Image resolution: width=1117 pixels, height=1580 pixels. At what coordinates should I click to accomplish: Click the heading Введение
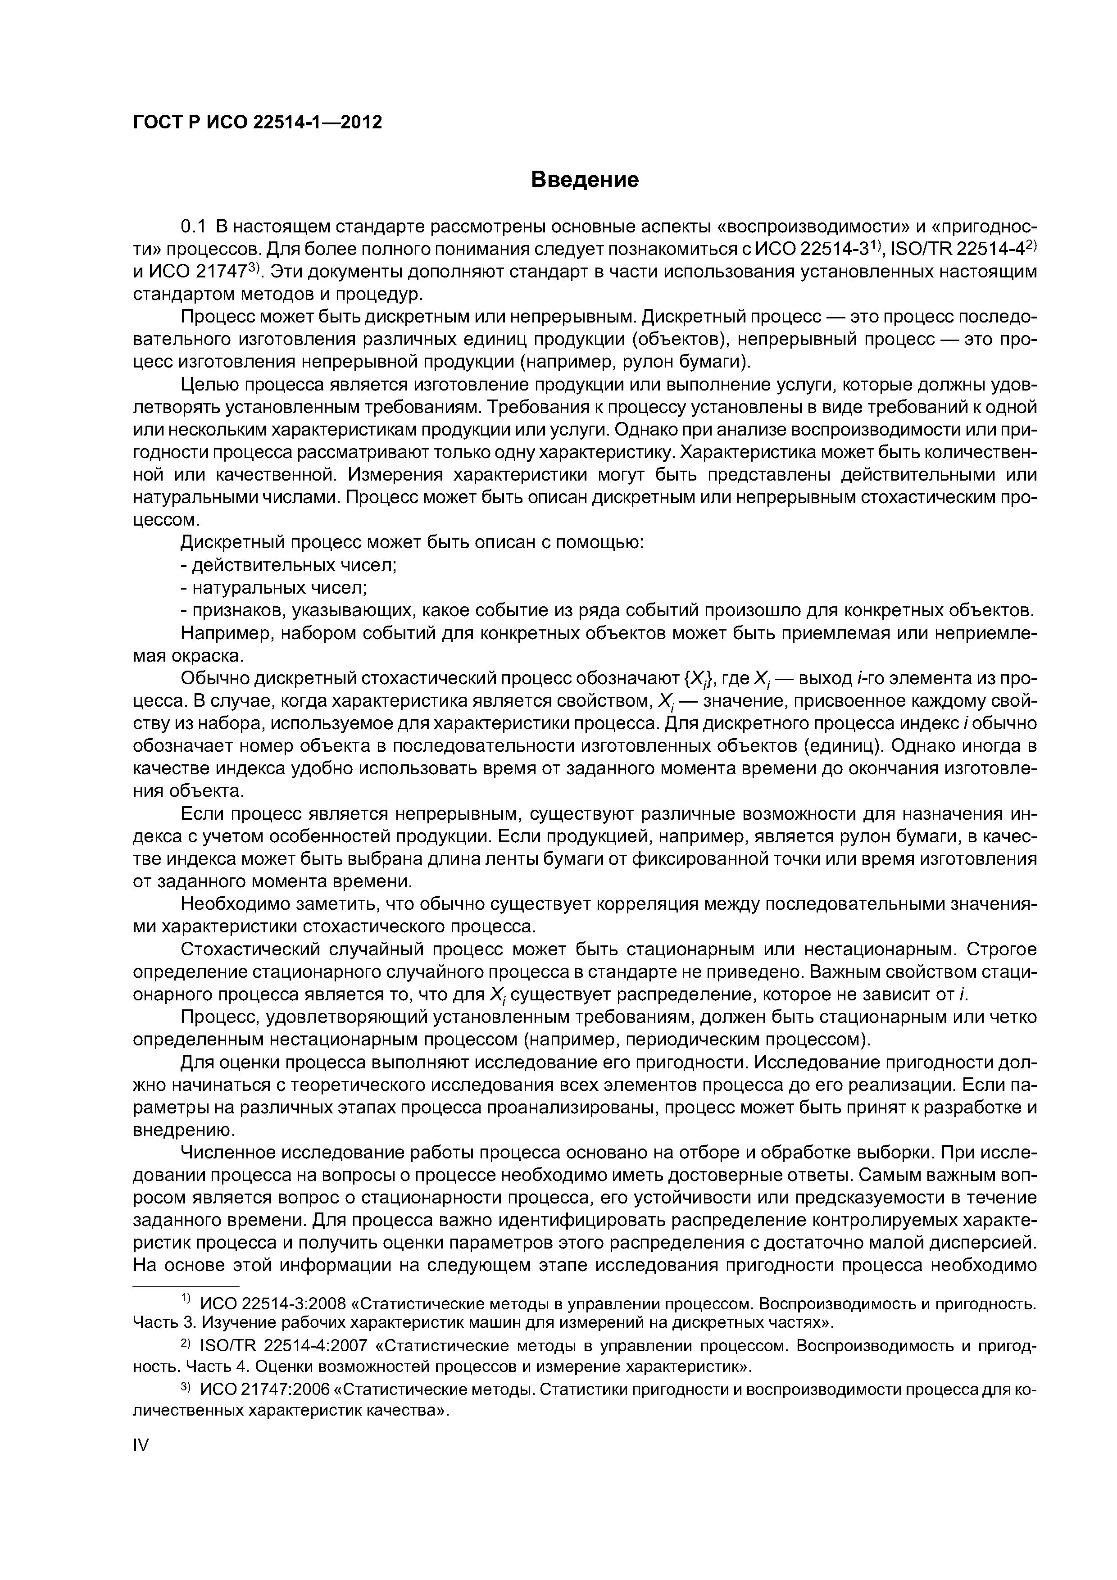(585, 180)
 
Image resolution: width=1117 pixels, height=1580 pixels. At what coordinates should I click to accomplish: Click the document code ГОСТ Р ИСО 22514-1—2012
(257, 123)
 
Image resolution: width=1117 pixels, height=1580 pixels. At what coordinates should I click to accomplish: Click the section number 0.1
(193, 227)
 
